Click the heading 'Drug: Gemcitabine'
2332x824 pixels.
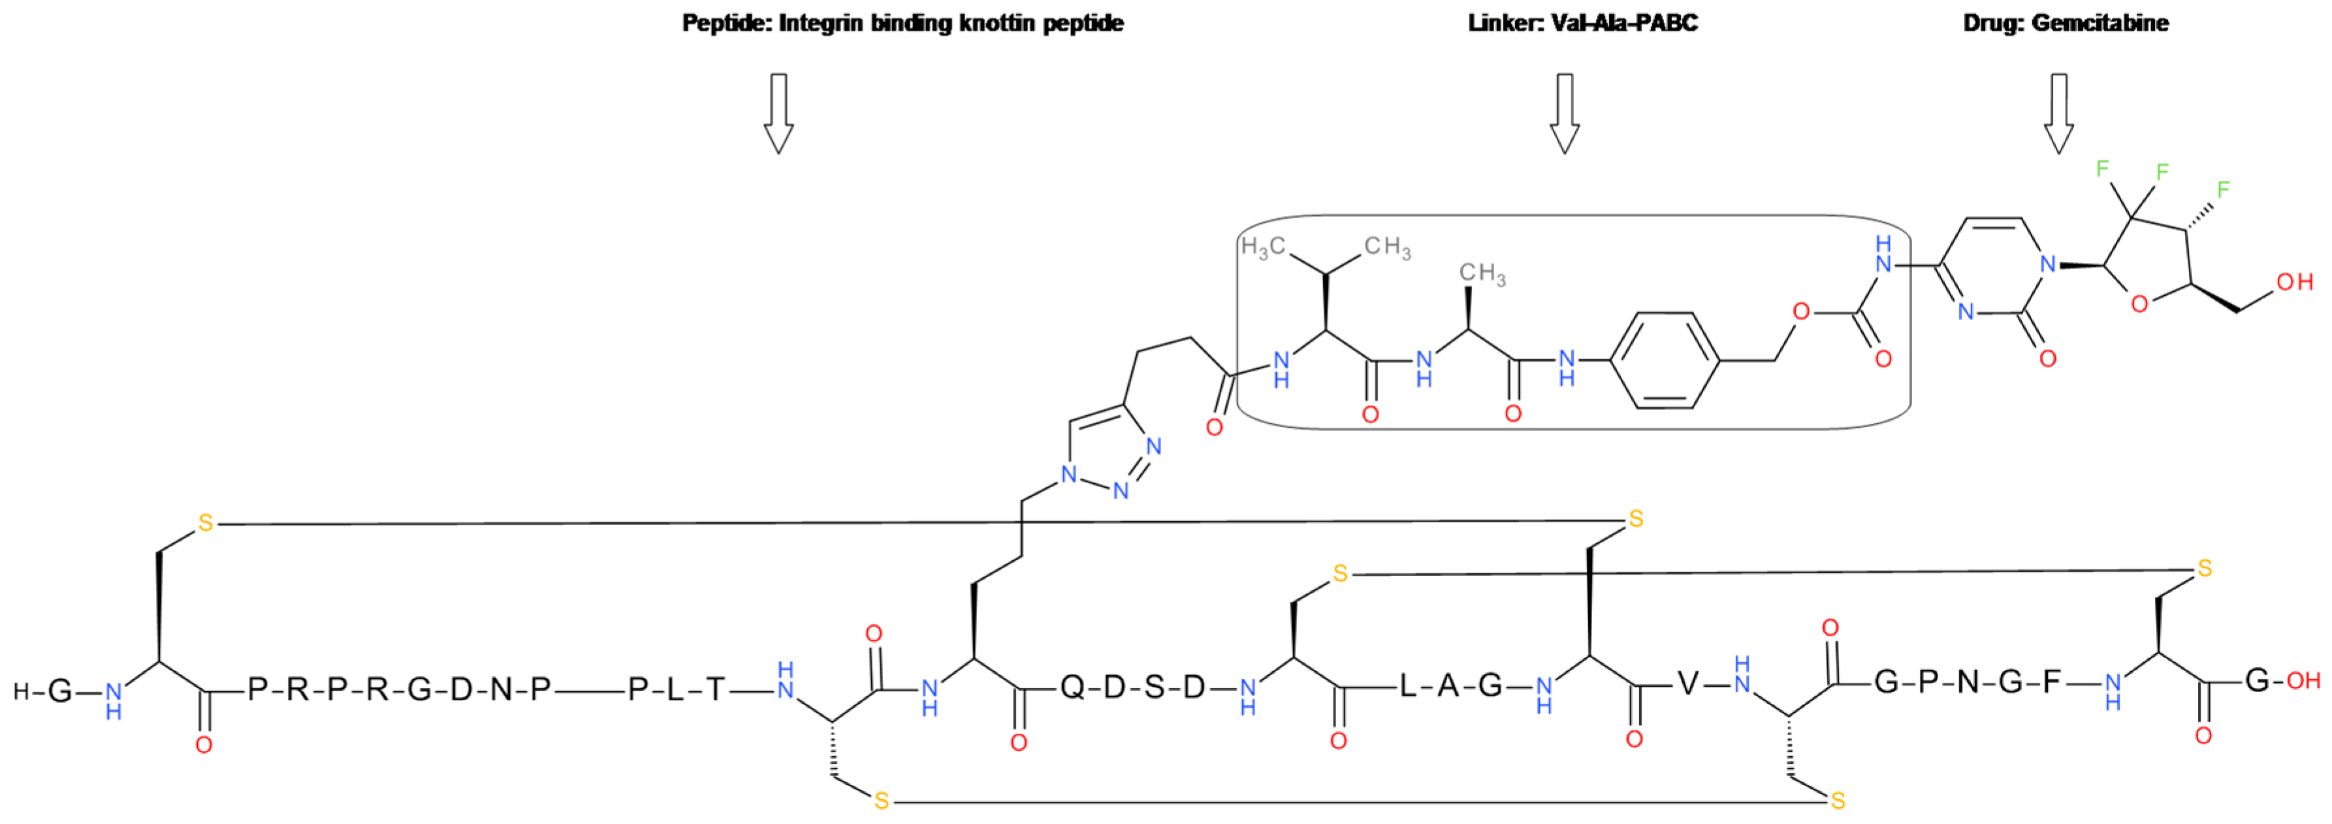pyautogui.click(x=2065, y=23)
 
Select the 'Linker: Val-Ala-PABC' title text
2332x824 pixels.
pyautogui.click(x=1582, y=23)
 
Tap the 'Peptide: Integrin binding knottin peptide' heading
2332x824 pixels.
pyautogui.click(x=902, y=23)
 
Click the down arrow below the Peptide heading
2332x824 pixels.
pyautogui.click(x=778, y=113)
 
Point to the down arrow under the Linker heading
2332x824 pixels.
pyautogui.click(x=1564, y=113)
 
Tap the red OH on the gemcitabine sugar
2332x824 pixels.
pyautogui.click(x=2295, y=281)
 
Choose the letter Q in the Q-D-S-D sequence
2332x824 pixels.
pyautogui.click(x=1072, y=688)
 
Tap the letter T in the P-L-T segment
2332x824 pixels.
pyautogui.click(x=715, y=690)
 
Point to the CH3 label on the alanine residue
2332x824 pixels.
pyautogui.click(x=1482, y=274)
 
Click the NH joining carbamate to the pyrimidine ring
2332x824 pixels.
pyautogui.click(x=1884, y=255)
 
